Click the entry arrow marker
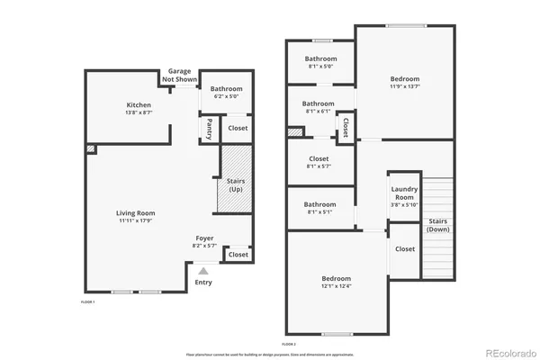(203, 270)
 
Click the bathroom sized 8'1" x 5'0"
(320, 62)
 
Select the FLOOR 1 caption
(87, 301)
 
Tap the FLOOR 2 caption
(288, 344)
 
